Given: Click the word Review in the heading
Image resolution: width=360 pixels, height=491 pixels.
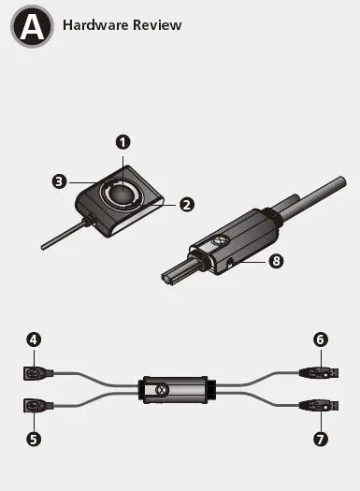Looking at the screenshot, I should click(x=155, y=25).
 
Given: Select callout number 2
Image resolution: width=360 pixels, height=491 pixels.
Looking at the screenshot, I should click(x=186, y=203).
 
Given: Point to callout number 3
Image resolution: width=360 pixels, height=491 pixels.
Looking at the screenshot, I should click(x=59, y=181).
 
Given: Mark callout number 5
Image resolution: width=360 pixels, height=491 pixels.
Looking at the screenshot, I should click(x=34, y=437).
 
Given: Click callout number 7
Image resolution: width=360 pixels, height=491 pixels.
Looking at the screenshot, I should click(x=320, y=437).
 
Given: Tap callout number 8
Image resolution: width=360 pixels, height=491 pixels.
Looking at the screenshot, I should click(x=276, y=261).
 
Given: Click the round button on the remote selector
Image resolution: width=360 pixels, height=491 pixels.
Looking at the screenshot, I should click(x=122, y=192).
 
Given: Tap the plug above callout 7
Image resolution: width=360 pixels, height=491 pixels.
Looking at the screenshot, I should click(x=317, y=406).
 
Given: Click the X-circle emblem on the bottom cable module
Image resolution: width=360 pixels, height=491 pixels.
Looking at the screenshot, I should click(x=160, y=389).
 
